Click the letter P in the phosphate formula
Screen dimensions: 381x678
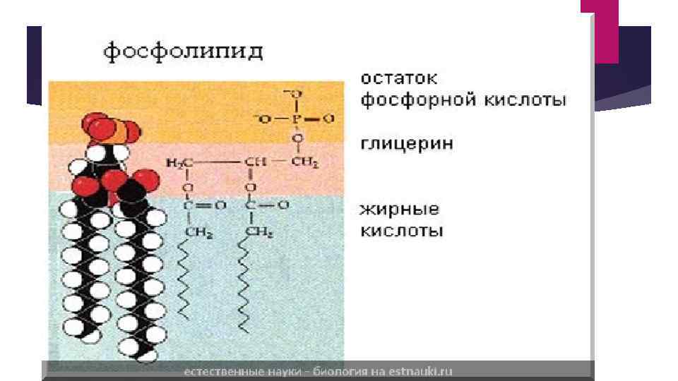(x=297, y=119)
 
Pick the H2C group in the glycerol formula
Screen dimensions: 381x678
(x=179, y=163)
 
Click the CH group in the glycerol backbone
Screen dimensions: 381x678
(x=253, y=163)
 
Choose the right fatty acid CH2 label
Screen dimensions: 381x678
(x=259, y=231)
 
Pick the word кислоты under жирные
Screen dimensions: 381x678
(x=402, y=231)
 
